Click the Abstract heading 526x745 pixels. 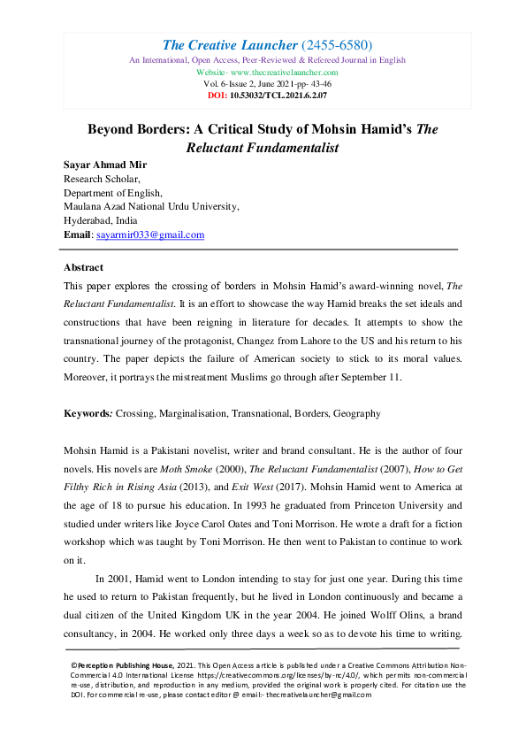(83, 266)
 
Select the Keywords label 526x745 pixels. (88, 413)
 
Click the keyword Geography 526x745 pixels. (354, 413)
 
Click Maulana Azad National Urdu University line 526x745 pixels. (151, 206)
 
